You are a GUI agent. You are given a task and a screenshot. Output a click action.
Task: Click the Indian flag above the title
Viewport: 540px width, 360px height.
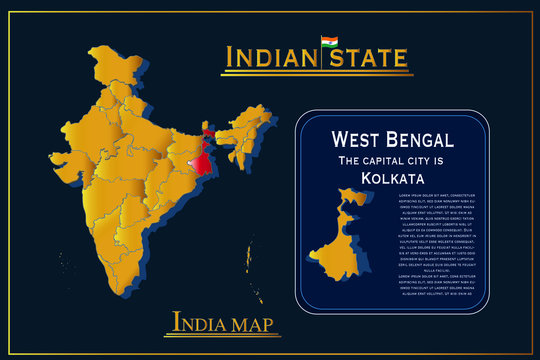point(329,42)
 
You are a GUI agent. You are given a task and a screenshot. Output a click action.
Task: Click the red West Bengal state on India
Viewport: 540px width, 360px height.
point(203,157)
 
